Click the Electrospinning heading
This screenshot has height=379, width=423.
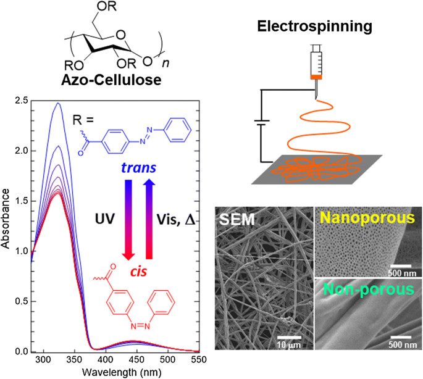click(316, 27)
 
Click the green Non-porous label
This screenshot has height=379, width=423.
click(367, 289)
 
